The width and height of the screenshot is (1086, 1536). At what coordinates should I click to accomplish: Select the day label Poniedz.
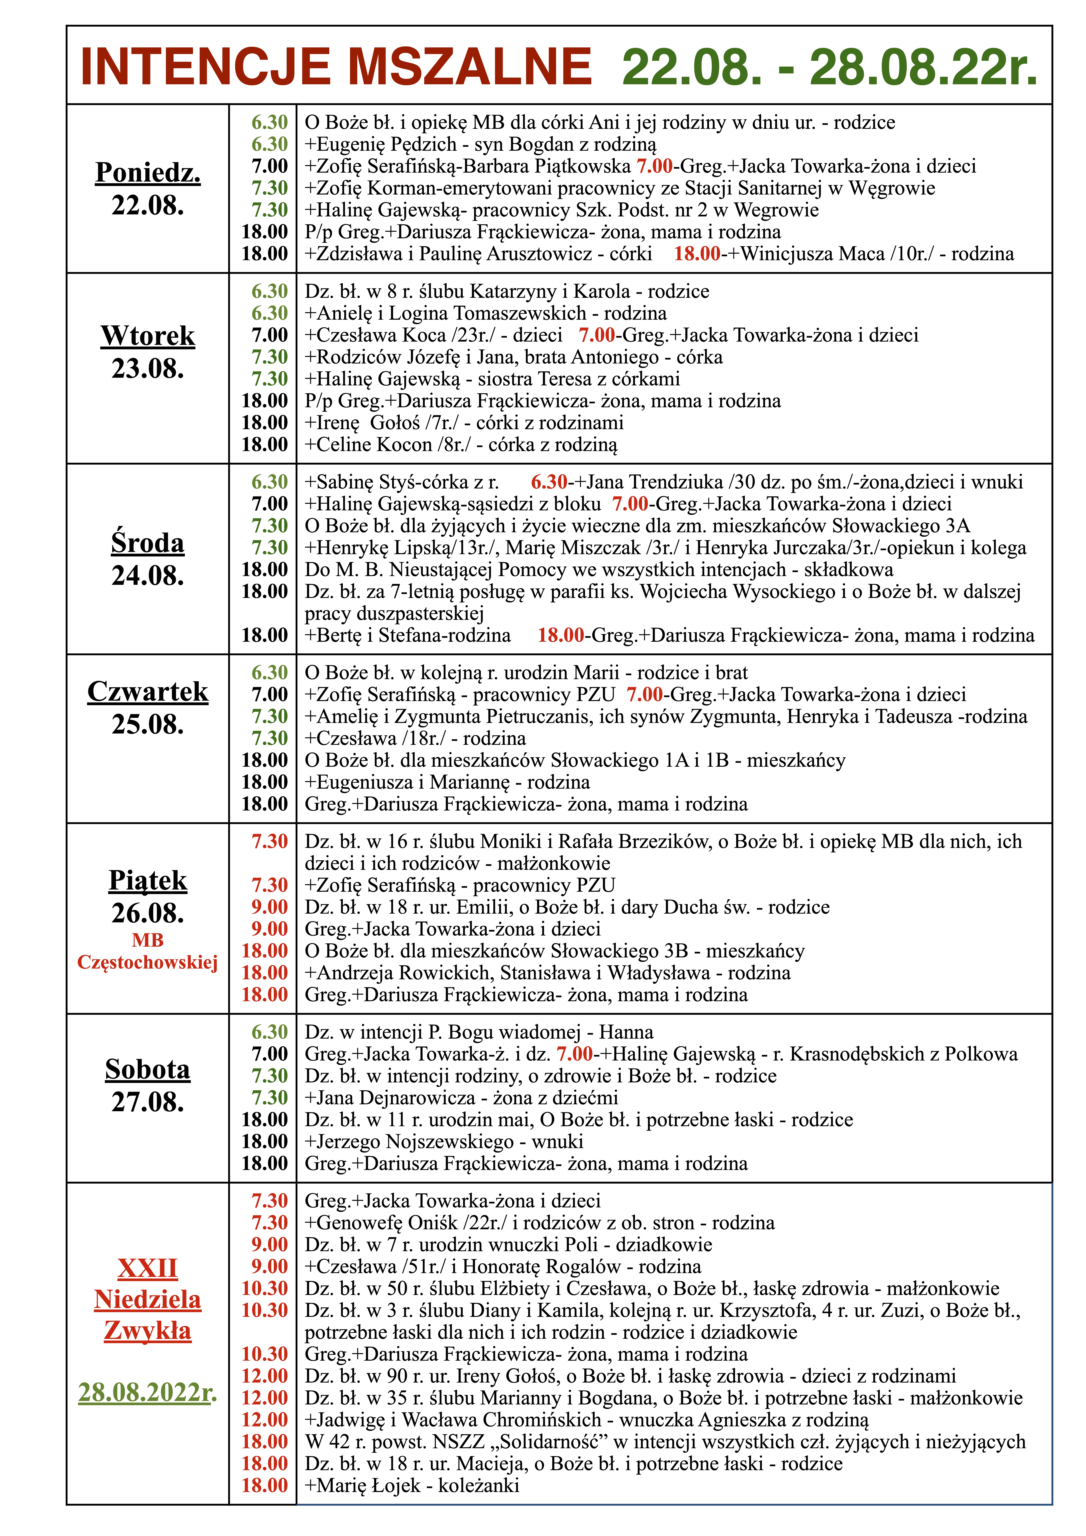tap(148, 173)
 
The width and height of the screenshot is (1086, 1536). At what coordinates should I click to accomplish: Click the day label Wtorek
tap(148, 336)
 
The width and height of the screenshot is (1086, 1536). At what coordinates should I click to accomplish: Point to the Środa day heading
tap(148, 542)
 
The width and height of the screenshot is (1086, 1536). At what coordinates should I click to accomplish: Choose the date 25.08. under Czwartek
tap(148, 725)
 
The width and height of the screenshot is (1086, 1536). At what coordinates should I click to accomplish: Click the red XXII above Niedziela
tap(148, 1268)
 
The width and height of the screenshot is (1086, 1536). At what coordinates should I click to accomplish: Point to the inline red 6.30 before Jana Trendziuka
tap(549, 482)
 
